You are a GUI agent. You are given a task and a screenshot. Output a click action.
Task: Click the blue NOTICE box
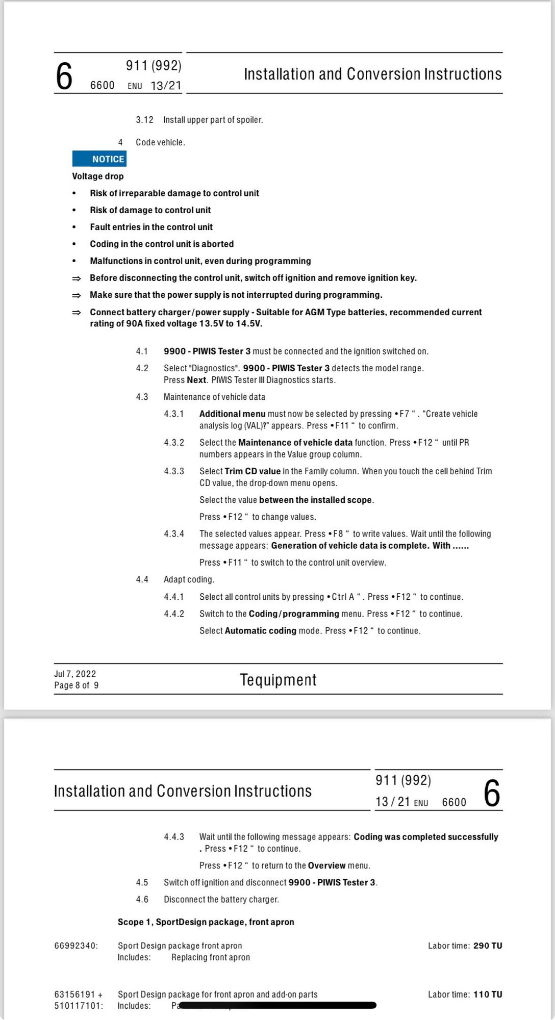click(99, 159)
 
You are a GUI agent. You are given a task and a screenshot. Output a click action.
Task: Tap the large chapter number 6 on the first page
click(64, 77)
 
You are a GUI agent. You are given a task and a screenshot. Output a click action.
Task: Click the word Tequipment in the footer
click(278, 680)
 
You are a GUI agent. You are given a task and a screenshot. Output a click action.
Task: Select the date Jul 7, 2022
click(75, 674)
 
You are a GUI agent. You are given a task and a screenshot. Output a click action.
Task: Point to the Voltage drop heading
click(97, 176)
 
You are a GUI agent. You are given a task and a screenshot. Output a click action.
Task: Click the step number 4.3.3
click(174, 471)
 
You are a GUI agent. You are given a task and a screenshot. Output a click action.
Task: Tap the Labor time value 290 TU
click(488, 946)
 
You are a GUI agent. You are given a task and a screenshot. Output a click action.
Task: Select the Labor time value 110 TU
click(488, 994)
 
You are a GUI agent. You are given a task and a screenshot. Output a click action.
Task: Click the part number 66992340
click(76, 946)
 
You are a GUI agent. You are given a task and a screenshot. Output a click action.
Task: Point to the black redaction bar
click(278, 1005)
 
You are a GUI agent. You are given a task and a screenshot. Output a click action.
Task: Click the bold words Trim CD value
click(253, 471)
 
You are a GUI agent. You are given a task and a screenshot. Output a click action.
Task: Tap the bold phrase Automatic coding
click(260, 631)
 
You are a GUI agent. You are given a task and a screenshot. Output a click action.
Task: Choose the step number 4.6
click(142, 899)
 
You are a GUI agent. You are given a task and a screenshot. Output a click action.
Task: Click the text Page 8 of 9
click(77, 685)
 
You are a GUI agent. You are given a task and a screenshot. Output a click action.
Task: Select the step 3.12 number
click(144, 120)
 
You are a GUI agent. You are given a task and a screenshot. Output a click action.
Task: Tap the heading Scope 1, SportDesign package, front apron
click(206, 922)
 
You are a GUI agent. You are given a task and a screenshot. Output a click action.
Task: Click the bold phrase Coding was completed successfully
click(425, 837)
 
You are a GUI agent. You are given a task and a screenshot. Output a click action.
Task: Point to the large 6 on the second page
click(492, 794)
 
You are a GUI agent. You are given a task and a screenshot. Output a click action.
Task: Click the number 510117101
click(79, 1006)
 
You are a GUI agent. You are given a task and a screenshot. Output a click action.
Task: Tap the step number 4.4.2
click(174, 614)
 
